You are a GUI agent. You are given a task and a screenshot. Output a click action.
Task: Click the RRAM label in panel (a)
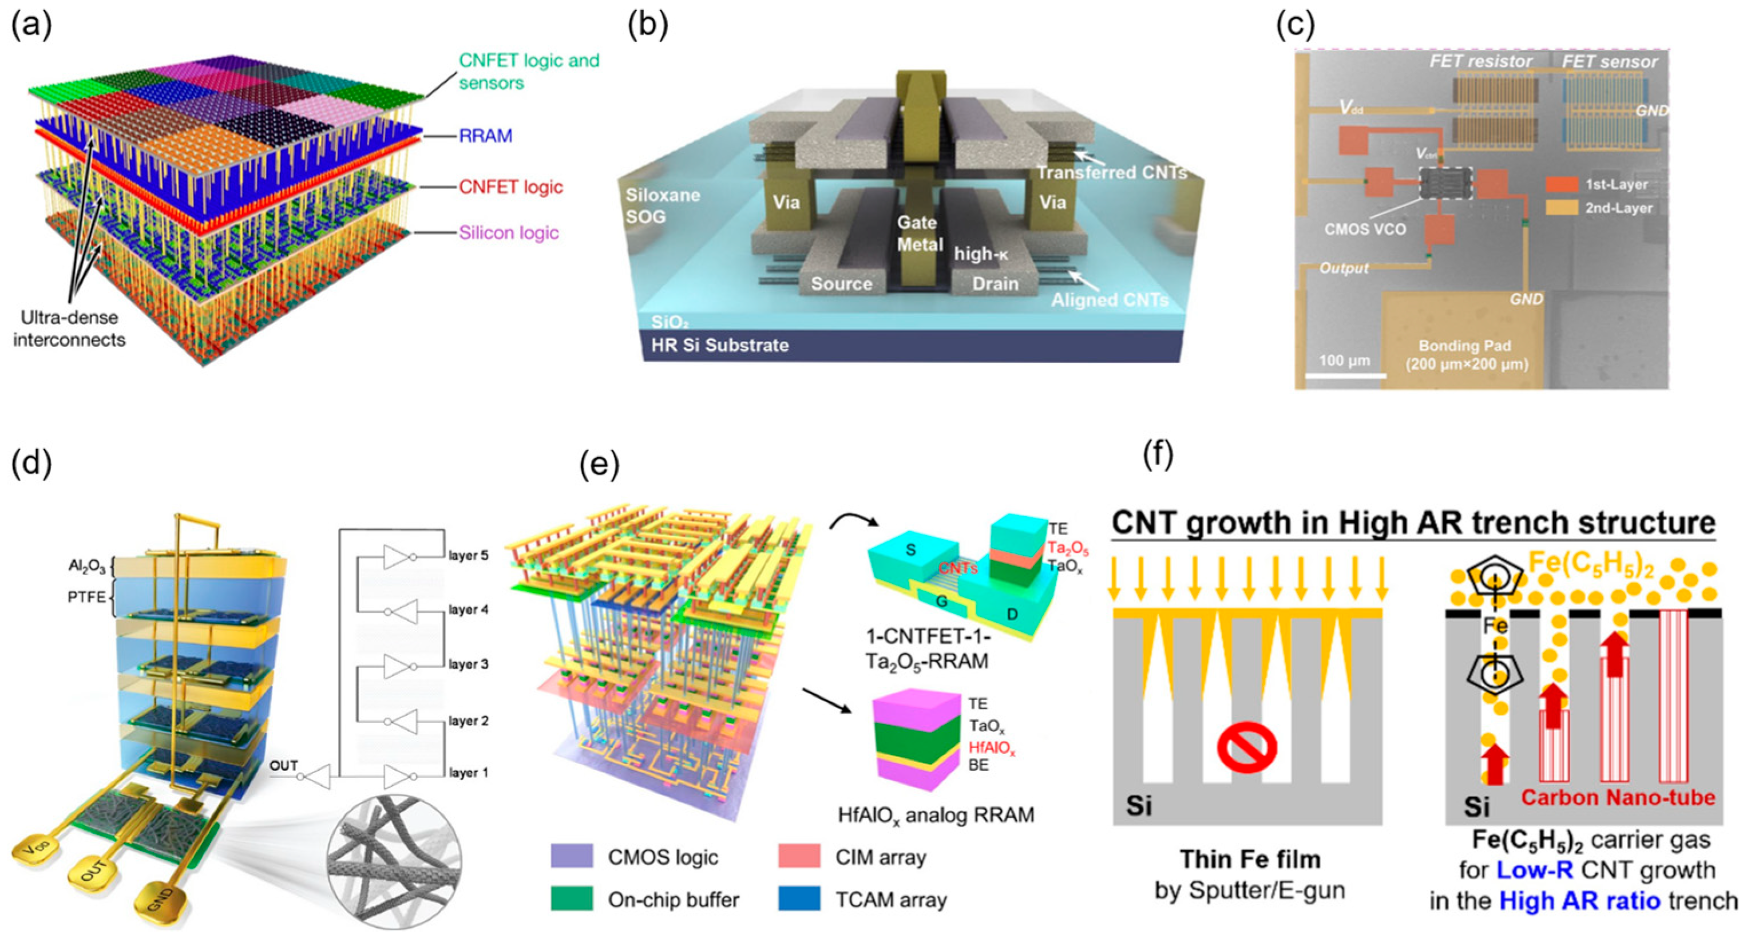pyautogui.click(x=486, y=136)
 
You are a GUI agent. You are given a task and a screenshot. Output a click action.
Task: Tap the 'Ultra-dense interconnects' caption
pyautogui.click(x=69, y=329)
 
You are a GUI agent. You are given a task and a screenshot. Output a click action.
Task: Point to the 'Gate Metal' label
pyautogui.click(x=919, y=233)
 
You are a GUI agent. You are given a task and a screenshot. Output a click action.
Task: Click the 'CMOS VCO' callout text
pyautogui.click(x=1365, y=229)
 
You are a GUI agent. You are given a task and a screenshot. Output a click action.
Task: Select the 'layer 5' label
pyautogui.click(x=468, y=556)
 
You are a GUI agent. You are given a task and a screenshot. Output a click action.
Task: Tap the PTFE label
pyautogui.click(x=87, y=597)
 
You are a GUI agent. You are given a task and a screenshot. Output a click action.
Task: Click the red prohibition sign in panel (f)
pyautogui.click(x=1246, y=749)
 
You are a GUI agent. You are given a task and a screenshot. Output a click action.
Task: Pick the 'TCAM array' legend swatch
pyautogui.click(x=799, y=899)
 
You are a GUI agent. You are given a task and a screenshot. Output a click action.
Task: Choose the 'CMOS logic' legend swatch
pyautogui.click(x=572, y=857)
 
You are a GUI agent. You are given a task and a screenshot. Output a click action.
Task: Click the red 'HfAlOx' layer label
pyautogui.click(x=992, y=749)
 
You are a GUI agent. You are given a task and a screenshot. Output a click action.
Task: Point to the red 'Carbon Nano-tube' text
pyautogui.click(x=1618, y=798)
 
